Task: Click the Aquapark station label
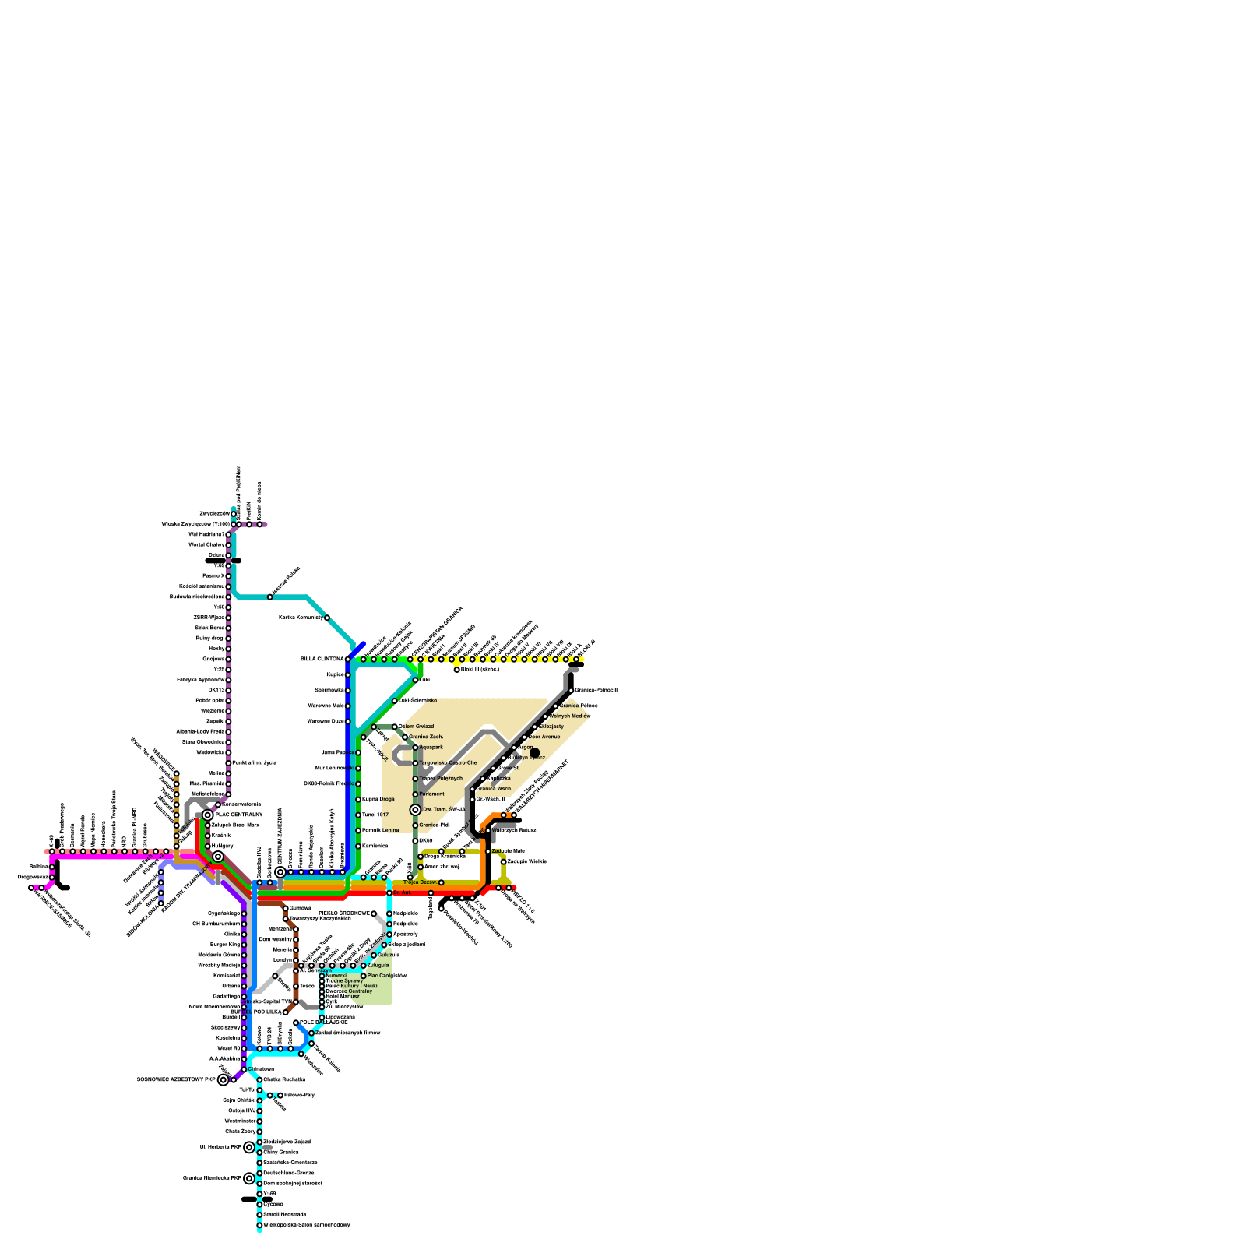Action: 431,748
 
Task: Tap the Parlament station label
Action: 431,794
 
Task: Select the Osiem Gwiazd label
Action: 416,727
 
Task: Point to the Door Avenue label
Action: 544,737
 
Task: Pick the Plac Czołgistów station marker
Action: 364,976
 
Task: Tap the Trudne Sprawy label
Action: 344,980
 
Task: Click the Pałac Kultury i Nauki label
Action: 351,986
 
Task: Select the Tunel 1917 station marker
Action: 358,815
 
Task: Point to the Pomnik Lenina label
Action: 380,831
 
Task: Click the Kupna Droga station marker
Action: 358,800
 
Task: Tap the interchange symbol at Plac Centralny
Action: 208,815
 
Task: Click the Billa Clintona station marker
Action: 348,660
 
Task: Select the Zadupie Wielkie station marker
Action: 504,862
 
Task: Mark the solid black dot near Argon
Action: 534,752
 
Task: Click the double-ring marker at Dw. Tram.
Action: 416,810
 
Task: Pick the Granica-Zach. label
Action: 426,737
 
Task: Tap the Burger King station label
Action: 224,945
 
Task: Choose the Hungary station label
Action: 222,846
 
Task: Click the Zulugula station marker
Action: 364,966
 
